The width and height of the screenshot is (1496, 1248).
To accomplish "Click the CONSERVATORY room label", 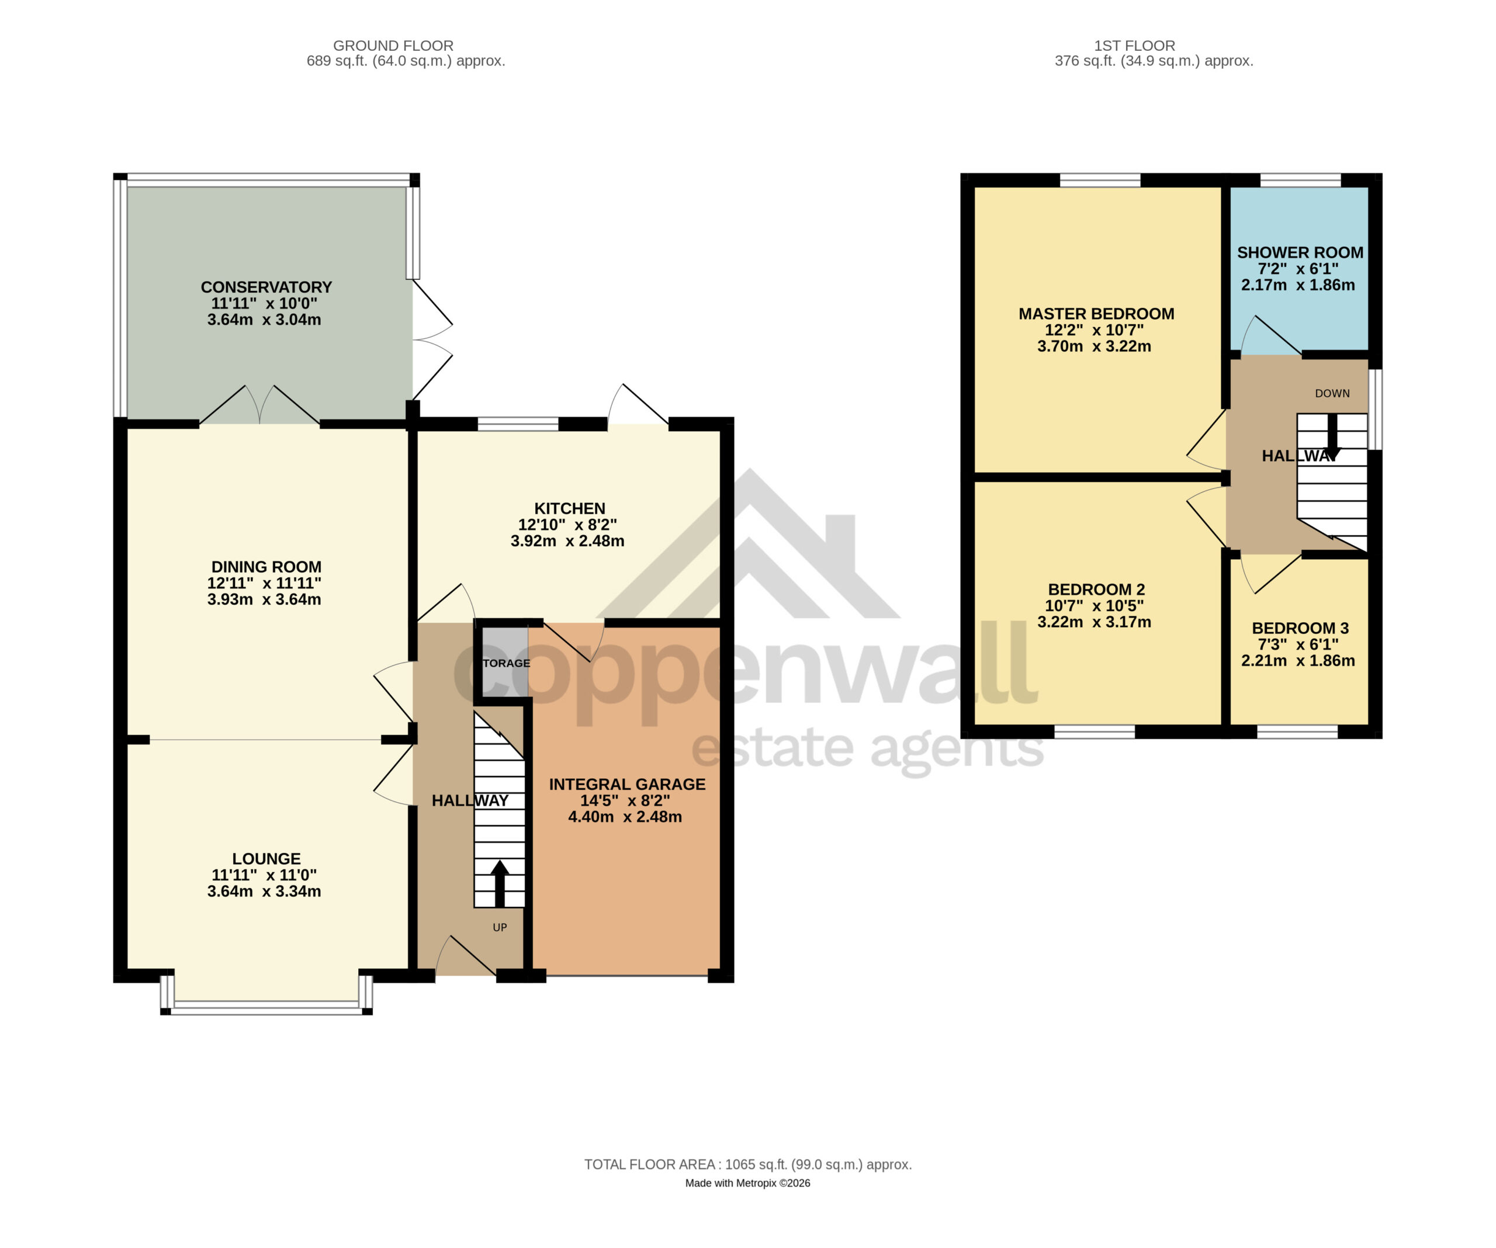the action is [x=266, y=287].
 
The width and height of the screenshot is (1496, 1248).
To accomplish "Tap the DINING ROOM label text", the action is [x=266, y=567].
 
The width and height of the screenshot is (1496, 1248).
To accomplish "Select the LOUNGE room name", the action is [x=266, y=859].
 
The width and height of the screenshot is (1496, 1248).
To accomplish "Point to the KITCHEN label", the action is [x=570, y=508].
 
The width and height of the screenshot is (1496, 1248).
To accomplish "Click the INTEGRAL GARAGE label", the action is [x=627, y=784].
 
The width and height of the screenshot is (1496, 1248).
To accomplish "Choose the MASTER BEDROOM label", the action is [x=1096, y=314].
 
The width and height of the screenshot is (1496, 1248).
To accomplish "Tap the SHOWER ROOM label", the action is [x=1300, y=253].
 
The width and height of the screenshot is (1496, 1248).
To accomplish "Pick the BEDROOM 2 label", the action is [x=1096, y=590].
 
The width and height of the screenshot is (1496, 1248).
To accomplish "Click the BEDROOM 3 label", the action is [x=1300, y=628].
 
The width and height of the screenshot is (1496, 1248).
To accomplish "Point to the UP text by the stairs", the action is [x=500, y=927].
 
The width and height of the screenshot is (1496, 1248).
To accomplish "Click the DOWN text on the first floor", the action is [x=1332, y=393].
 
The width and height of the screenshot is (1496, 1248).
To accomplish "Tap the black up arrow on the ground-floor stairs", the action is [x=500, y=883].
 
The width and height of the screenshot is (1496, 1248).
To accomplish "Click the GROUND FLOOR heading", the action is [x=393, y=46].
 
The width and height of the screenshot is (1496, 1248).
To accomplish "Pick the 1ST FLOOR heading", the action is [x=1135, y=46].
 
